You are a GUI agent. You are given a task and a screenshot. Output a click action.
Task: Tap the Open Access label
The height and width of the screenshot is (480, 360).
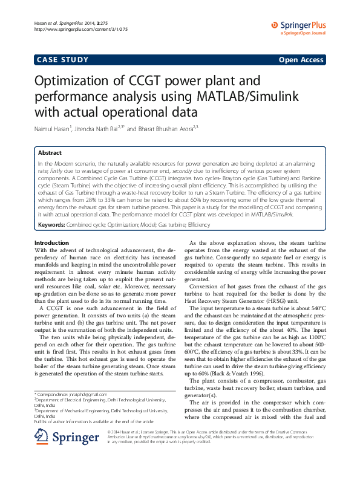point(301,60)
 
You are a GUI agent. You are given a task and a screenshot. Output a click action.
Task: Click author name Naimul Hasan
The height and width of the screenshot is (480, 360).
point(53,129)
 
